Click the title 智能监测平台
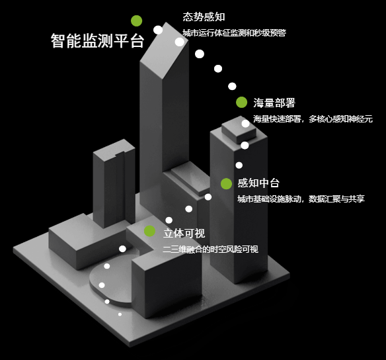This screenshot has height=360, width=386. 97,40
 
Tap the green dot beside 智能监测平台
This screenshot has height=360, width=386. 137,21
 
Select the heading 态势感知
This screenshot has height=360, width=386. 204,17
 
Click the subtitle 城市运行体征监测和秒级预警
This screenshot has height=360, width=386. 234,33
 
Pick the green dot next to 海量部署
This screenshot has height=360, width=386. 241,103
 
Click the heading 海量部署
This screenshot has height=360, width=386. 274,103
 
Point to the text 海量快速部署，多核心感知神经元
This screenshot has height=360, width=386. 313,119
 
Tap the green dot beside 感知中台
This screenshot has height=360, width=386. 226,184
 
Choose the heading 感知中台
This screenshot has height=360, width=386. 258,183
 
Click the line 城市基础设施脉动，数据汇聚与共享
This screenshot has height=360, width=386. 301,199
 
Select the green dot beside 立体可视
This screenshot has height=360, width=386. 149,231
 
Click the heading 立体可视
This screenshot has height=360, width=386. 184,233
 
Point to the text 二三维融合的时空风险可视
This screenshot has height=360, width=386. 210,249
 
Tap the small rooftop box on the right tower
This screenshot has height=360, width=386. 239,130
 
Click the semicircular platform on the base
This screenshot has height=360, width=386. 112,281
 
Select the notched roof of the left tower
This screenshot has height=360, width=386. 114,150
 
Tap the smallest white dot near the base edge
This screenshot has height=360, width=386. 120,314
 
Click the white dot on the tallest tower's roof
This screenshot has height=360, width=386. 180,42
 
